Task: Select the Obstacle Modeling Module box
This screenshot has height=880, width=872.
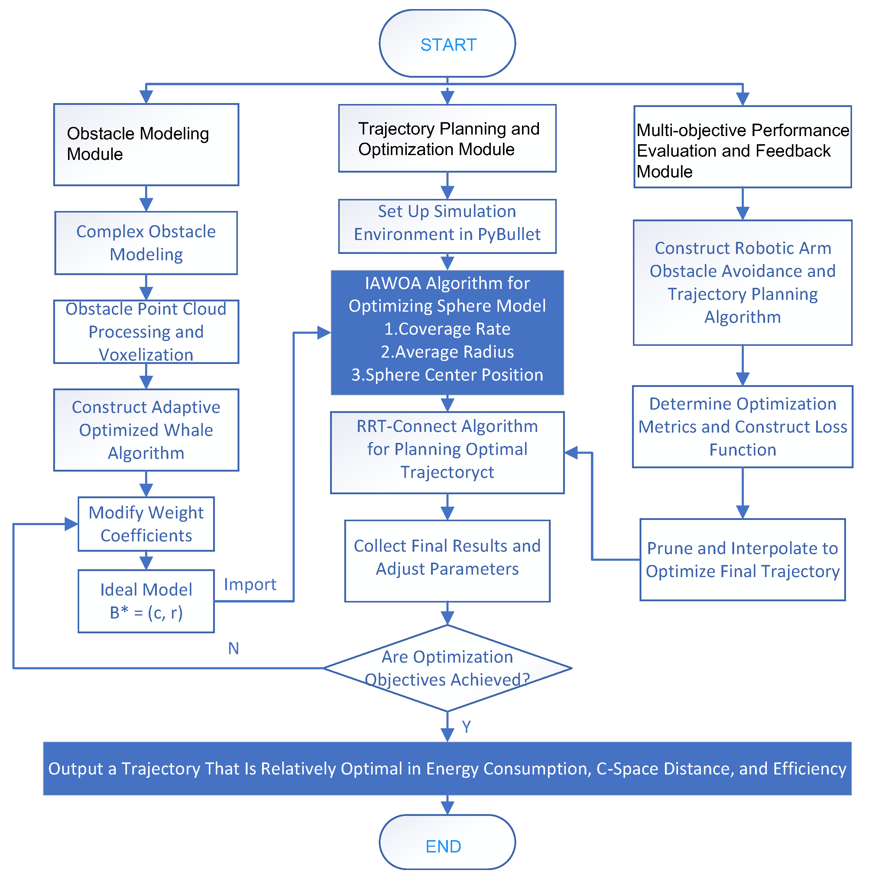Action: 146,145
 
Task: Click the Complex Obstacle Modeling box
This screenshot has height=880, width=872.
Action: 146,243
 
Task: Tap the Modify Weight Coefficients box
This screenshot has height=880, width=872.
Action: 146,524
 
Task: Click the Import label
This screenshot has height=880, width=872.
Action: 250,584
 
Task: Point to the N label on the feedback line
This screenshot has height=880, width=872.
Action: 233,648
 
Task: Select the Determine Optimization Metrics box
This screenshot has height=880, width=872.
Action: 742,427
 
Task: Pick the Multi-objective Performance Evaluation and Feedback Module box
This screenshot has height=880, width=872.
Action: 742,147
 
